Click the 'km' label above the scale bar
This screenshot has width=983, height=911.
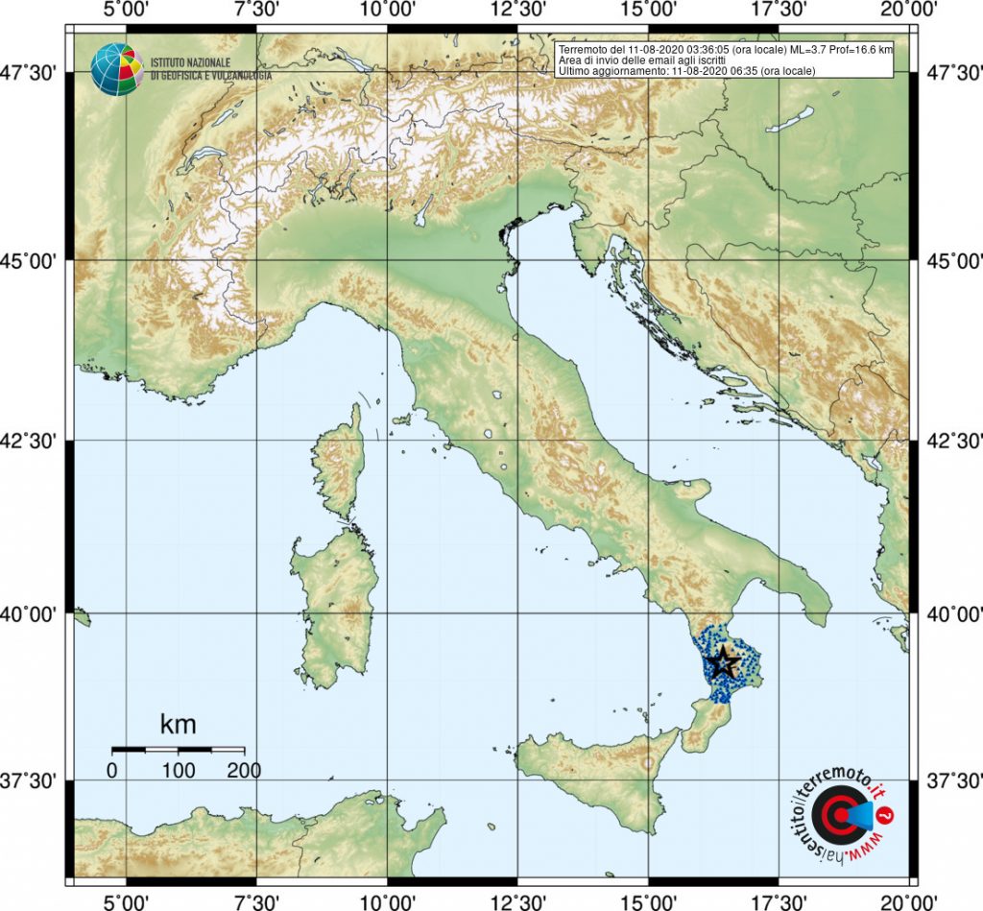pyautogui.click(x=178, y=723)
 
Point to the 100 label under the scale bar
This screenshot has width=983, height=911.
pyautogui.click(x=179, y=770)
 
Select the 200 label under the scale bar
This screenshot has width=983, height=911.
pyautogui.click(x=244, y=770)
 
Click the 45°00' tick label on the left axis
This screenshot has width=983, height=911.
pyautogui.click(x=35, y=260)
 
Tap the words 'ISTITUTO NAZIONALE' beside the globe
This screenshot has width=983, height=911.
pyautogui.click(x=192, y=61)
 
